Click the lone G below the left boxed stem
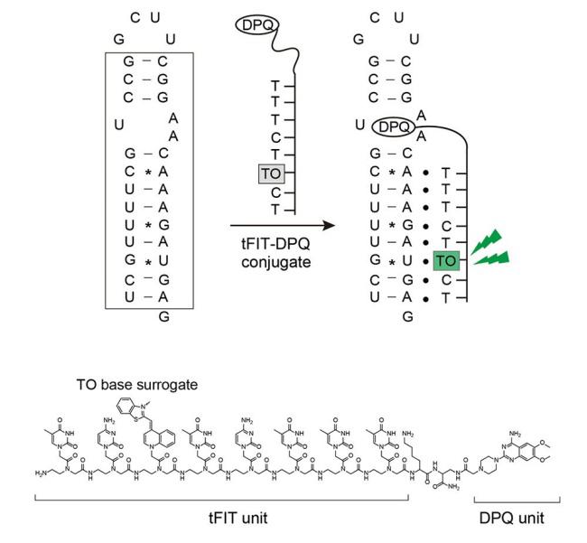click(x=163, y=316)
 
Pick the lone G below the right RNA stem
click(x=407, y=316)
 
